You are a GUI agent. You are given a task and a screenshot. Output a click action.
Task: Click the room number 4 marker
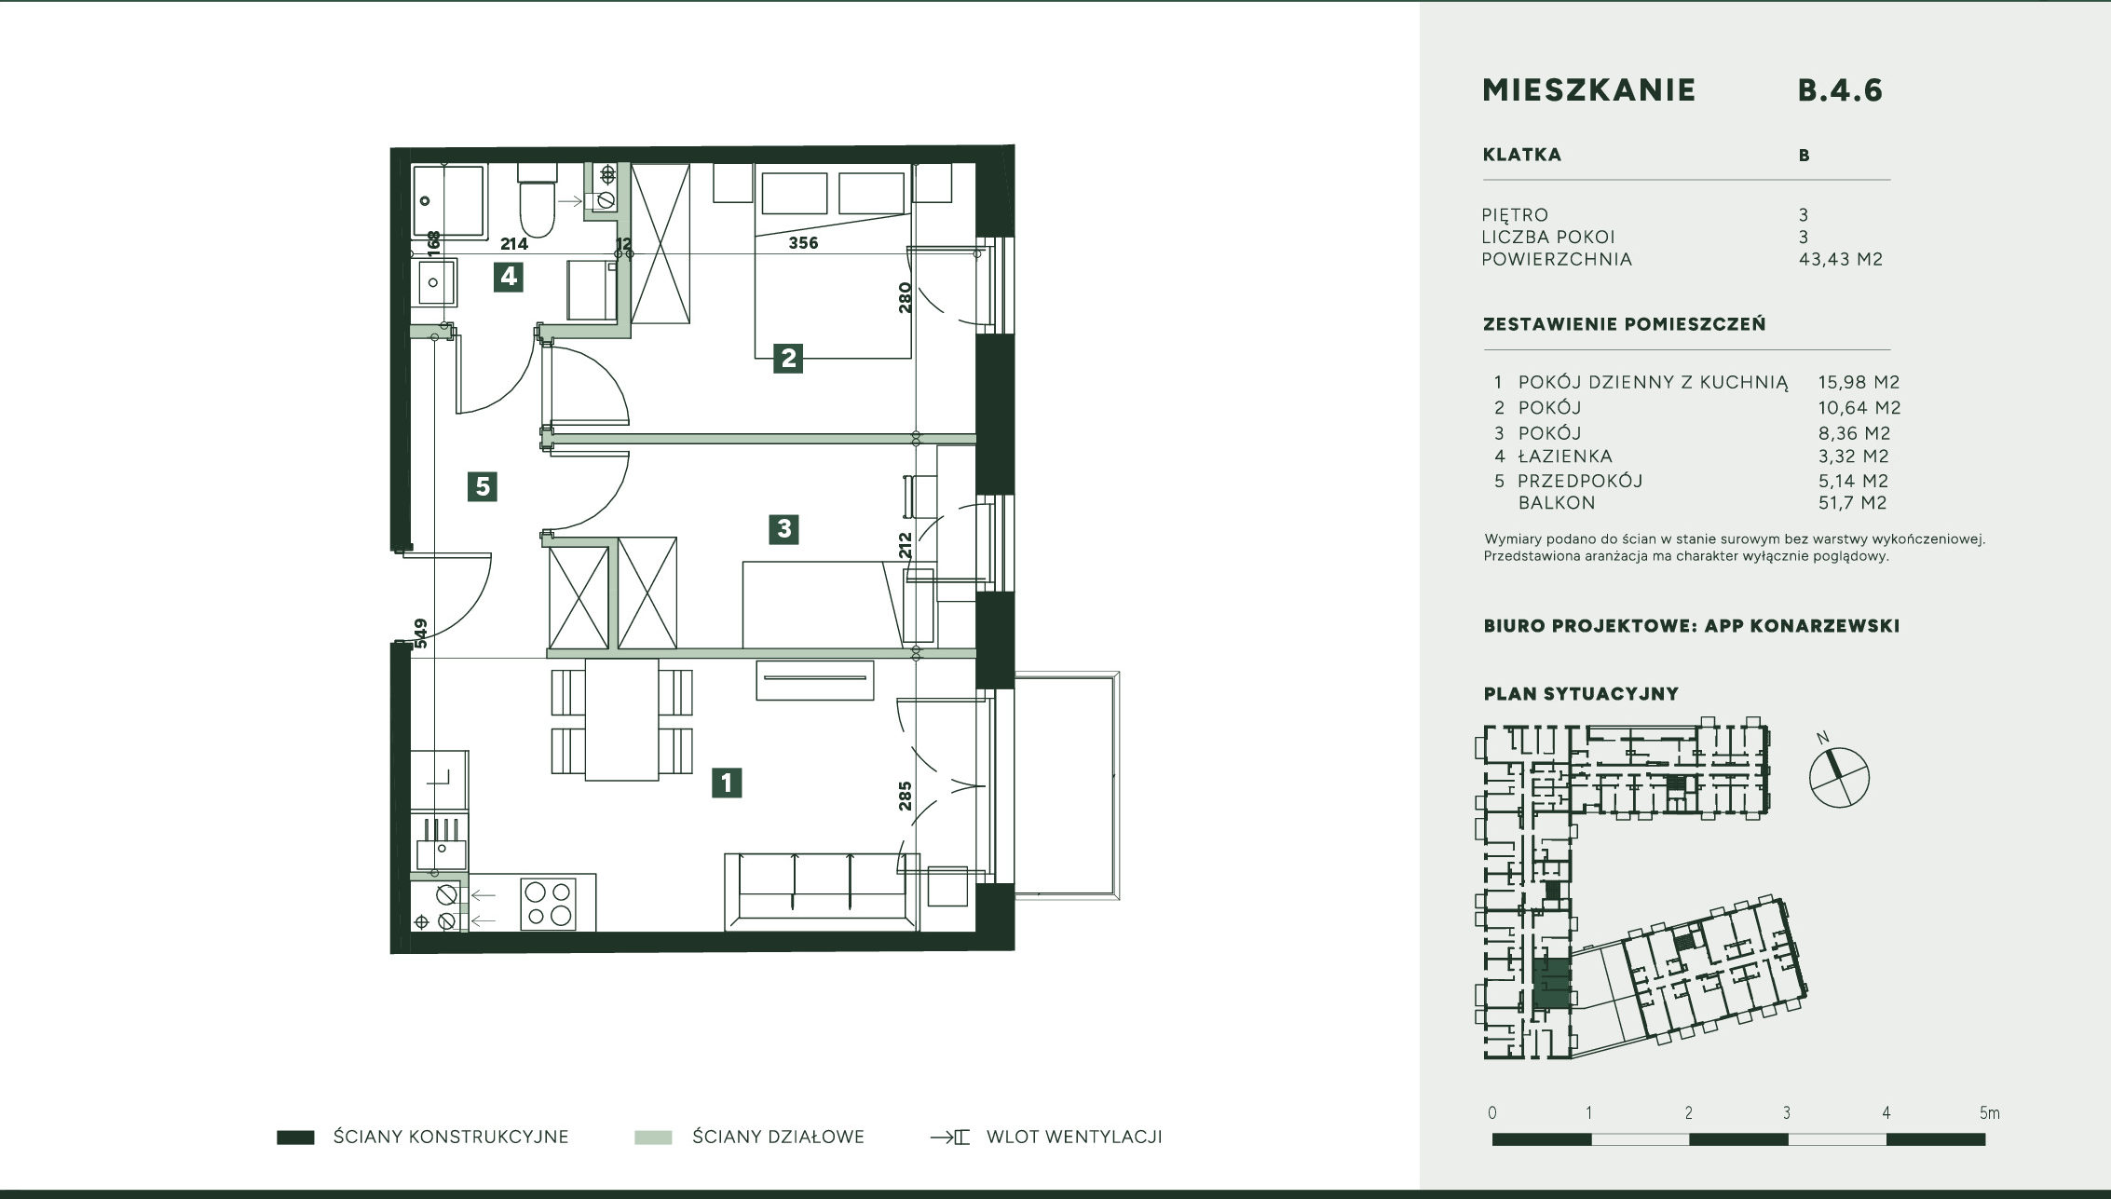[x=508, y=277]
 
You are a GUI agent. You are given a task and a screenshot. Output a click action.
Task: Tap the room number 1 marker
[x=727, y=783]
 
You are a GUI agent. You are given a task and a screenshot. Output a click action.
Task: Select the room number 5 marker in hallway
[x=482, y=486]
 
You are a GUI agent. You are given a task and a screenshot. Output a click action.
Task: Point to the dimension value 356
[x=803, y=243]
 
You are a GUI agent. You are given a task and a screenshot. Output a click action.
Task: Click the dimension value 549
[x=421, y=634]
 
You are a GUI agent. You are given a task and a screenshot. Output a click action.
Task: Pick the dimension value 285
[x=905, y=796]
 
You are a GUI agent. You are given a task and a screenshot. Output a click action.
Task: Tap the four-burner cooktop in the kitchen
[x=548, y=904]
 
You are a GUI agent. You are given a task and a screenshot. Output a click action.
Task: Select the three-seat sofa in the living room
[x=822, y=892]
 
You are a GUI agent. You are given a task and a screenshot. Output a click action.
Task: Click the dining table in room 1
[x=621, y=719]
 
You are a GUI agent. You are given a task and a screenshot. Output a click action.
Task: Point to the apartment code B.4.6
[x=1840, y=90]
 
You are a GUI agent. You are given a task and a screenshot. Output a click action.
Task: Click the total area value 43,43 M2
[x=1841, y=260]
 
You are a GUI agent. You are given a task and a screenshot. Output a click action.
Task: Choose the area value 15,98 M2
[x=1859, y=383]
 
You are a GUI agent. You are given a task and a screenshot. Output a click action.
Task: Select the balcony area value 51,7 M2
[x=1852, y=503]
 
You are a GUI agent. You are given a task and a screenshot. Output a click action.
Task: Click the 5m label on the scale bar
[x=1989, y=1113]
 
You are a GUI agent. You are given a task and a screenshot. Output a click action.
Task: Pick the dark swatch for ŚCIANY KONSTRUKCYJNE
[x=295, y=1138]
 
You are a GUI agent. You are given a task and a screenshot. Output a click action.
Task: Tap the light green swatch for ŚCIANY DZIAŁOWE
[x=653, y=1138]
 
